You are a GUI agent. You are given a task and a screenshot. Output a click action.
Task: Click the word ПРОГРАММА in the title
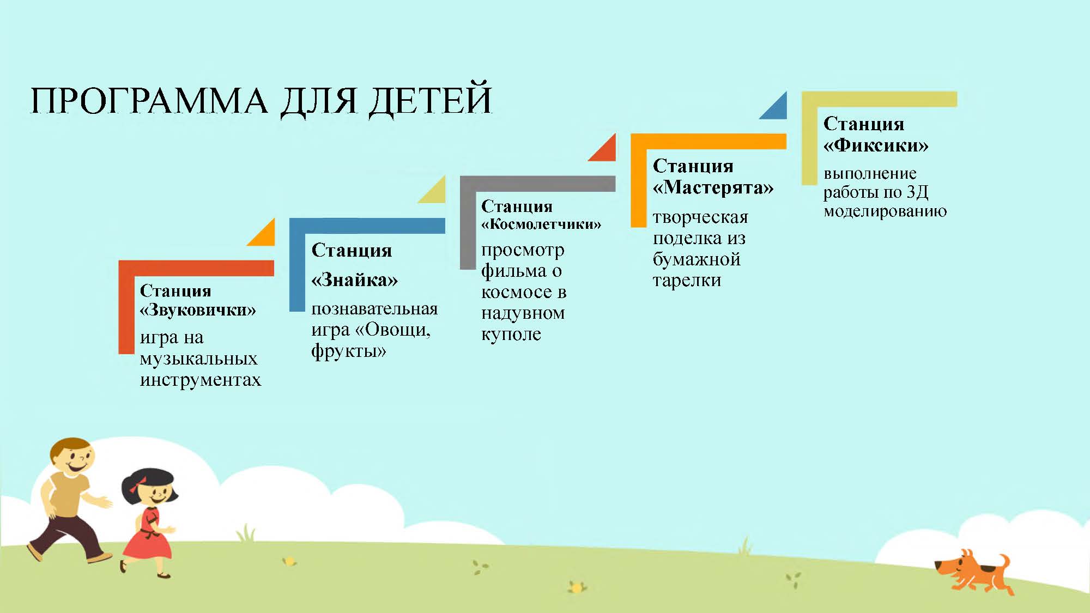149,100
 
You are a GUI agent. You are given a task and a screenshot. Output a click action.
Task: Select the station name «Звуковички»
198,310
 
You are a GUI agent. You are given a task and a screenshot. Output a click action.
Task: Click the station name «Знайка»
354,280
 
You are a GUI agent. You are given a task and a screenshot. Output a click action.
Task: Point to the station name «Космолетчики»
541,224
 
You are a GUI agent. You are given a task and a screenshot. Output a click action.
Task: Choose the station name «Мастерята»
713,187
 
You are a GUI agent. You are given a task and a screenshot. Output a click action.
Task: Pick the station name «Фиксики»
876,145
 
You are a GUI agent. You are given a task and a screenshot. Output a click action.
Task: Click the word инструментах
201,379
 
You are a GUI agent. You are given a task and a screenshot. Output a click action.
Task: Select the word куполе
511,334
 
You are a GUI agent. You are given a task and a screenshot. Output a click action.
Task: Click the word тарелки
687,281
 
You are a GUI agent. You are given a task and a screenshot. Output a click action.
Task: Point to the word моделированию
885,211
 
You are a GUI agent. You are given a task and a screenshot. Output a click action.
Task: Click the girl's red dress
147,535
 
